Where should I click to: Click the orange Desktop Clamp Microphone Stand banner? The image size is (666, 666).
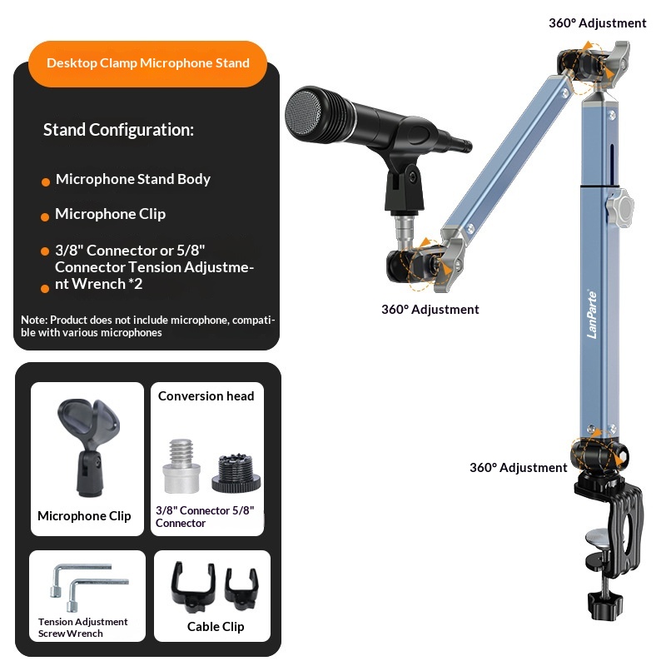click(147, 63)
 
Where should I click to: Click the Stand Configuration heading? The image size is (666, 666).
click(118, 130)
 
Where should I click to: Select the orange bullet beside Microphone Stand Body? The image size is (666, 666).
click(46, 181)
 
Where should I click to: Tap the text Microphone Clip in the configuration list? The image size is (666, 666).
click(110, 214)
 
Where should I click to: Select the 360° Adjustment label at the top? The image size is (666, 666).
click(597, 23)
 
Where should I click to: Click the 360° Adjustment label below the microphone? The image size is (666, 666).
click(430, 310)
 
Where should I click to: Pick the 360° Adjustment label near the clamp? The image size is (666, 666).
click(518, 468)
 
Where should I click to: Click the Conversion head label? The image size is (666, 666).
click(206, 396)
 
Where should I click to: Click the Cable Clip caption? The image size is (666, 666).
click(216, 627)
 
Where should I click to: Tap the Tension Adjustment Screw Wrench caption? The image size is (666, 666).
click(82, 628)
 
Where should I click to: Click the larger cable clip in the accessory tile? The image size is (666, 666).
click(189, 584)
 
